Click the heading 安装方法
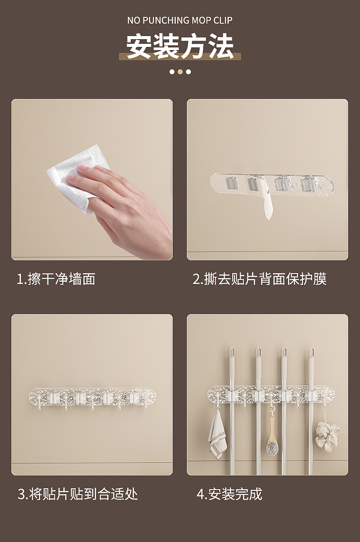point(180,46)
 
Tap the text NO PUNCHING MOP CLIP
point(180,20)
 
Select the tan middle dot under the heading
point(180,72)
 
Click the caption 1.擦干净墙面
point(56,279)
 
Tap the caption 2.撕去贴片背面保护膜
point(259,279)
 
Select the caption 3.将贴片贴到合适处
point(77,494)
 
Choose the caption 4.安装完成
point(229,494)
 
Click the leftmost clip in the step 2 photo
point(231,184)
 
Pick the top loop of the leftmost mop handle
point(232,352)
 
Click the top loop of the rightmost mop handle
point(312,352)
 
